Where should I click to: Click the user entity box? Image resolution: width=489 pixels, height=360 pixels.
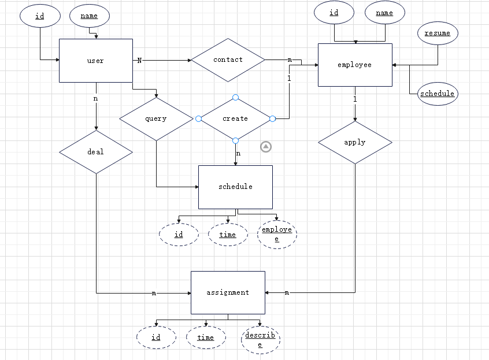pyautogui.click(x=96, y=61)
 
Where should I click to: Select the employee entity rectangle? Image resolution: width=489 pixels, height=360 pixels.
pyautogui.click(x=355, y=65)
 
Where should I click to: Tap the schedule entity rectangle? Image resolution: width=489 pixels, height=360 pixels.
pyautogui.click(x=235, y=187)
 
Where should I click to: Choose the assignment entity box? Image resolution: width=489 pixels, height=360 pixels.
pyautogui.click(x=228, y=292)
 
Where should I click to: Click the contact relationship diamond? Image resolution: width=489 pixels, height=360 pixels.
pyautogui.click(x=228, y=60)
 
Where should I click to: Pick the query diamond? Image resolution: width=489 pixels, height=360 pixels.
pyautogui.click(x=156, y=118)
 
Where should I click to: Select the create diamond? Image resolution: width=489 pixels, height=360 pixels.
pyautogui.click(x=235, y=118)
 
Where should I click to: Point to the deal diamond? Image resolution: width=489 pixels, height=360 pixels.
pyautogui.click(x=96, y=152)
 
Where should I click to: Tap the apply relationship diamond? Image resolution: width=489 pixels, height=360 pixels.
pyautogui.click(x=355, y=142)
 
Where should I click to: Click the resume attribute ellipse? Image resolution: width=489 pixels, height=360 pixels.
pyautogui.click(x=438, y=33)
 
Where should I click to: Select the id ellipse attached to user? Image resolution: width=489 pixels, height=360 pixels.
pyautogui.click(x=40, y=16)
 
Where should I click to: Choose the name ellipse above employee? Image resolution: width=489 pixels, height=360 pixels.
pyautogui.click(x=384, y=13)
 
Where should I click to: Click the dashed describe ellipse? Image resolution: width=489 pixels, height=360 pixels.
pyautogui.click(x=260, y=339)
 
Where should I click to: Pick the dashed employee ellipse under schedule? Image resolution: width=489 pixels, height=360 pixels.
pyautogui.click(x=277, y=234)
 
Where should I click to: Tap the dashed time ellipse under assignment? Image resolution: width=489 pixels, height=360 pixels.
pyautogui.click(x=206, y=337)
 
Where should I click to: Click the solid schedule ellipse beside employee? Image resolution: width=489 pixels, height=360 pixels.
pyautogui.click(x=438, y=94)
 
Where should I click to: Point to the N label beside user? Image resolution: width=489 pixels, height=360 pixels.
pyautogui.click(x=139, y=60)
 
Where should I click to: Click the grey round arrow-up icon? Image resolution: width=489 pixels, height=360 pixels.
pyautogui.click(x=266, y=147)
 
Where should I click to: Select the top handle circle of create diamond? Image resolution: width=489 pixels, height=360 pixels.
pyautogui.click(x=235, y=97)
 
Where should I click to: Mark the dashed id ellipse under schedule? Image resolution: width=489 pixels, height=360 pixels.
pyautogui.click(x=179, y=235)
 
